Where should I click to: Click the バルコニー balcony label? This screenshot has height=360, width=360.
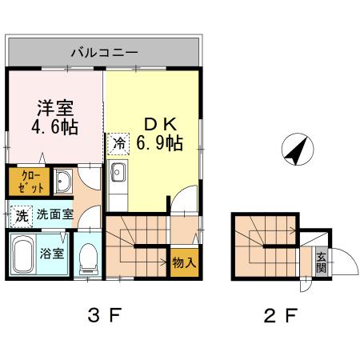tap(104, 53)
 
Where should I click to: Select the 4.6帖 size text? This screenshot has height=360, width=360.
tap(55, 128)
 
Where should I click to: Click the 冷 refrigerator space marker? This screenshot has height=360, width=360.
tap(118, 144)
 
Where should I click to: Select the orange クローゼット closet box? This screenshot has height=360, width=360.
tap(26, 182)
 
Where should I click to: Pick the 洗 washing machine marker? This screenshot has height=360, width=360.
tap(20, 214)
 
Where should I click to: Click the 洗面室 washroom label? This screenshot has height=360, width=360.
tap(55, 214)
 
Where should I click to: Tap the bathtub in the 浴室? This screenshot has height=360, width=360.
tap(23, 255)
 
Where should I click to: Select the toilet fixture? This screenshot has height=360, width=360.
tap(90, 258)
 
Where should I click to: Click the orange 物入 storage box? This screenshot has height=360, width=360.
tap(182, 262)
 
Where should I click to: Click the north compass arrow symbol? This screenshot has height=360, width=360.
tap(296, 149)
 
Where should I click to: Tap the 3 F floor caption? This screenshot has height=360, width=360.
tap(105, 314)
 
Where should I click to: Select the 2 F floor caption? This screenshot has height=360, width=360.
tap(280, 314)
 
